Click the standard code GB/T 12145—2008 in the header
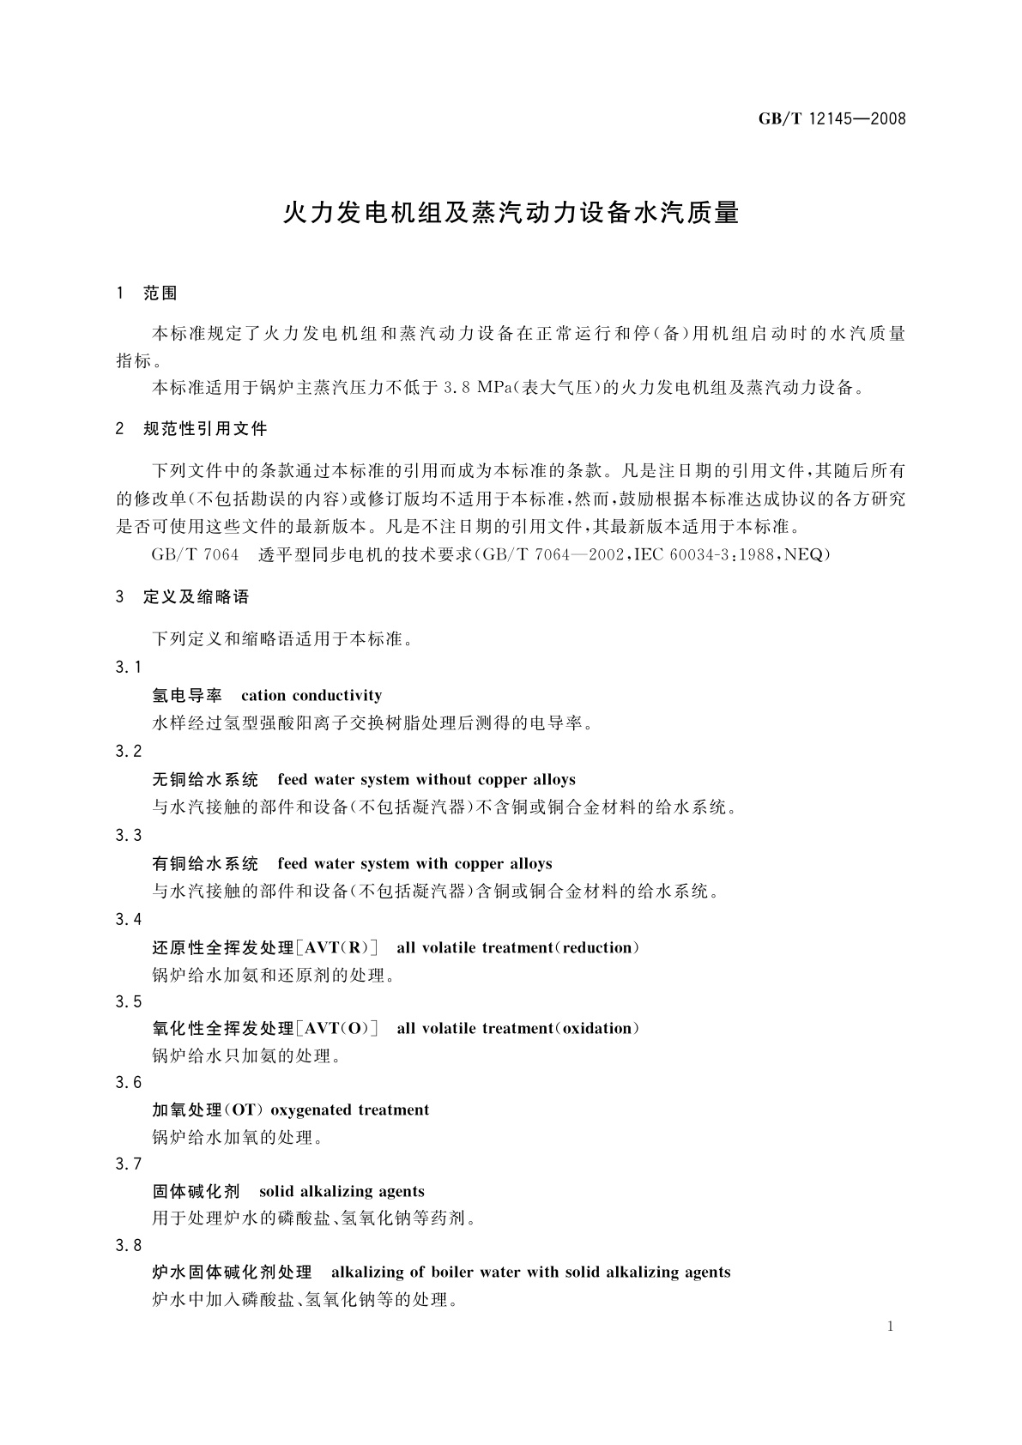(832, 119)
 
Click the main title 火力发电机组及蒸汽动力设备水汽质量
(511, 213)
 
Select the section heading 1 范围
(147, 293)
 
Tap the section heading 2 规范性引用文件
(191, 428)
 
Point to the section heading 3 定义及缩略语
(182, 597)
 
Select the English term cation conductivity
(311, 696)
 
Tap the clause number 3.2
(129, 752)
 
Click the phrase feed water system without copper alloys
(426, 780)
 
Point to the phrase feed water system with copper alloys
(414, 864)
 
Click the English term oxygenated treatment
(349, 1110)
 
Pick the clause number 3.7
(129, 1164)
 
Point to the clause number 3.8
(129, 1246)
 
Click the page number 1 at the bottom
(891, 1327)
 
